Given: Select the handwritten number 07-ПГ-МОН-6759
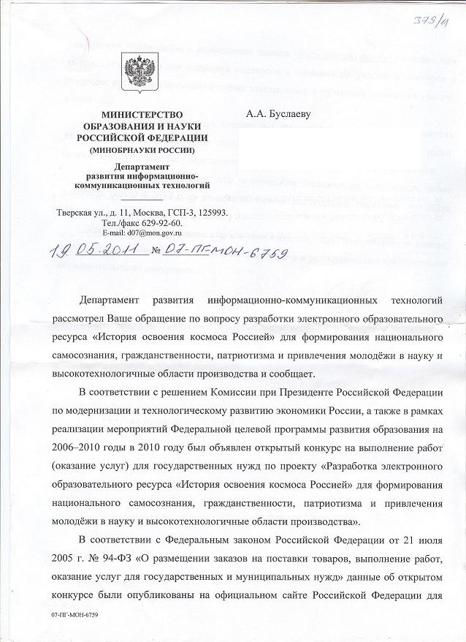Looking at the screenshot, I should point(229,253).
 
